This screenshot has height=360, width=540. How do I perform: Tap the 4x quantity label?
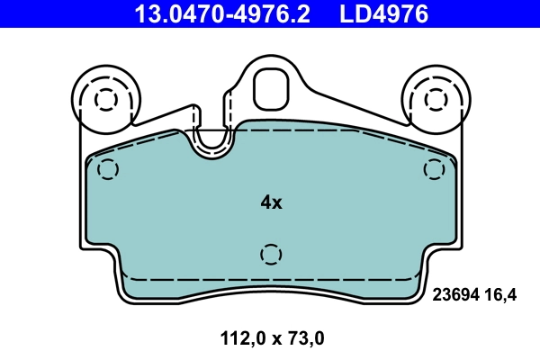[271, 203]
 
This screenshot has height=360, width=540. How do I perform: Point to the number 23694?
[456, 293]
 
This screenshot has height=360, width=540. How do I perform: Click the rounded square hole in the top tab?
[270, 87]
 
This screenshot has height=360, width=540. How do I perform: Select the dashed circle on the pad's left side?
[108, 169]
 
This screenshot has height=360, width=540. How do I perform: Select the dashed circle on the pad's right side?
[435, 168]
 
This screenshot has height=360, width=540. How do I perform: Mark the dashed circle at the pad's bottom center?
[270, 255]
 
